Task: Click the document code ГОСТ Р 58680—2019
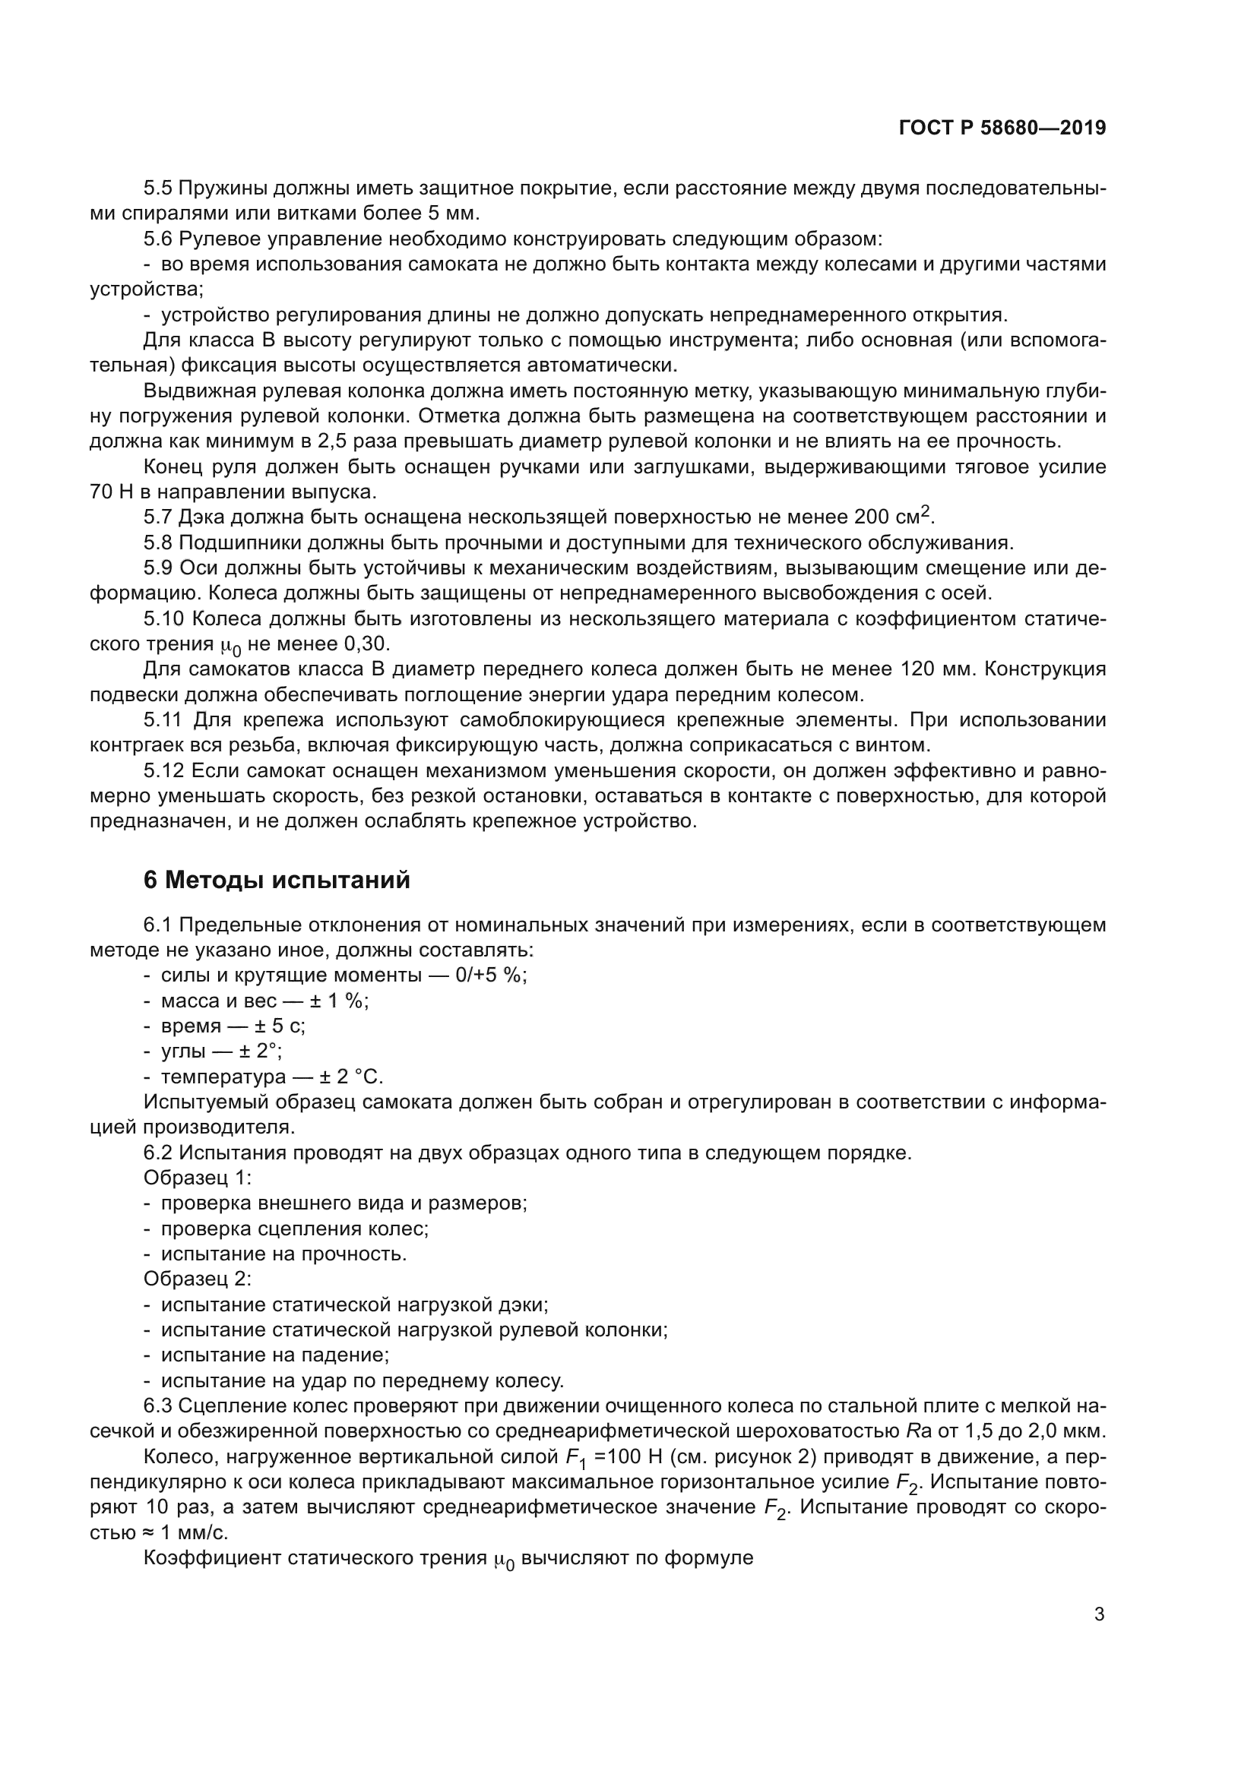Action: point(1002,128)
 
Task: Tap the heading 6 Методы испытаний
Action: point(277,880)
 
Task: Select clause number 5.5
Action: point(158,188)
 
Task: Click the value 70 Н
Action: point(113,492)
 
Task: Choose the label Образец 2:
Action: point(198,1279)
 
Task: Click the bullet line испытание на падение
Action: point(274,1355)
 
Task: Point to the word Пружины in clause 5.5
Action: point(225,188)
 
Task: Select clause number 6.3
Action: point(158,1406)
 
